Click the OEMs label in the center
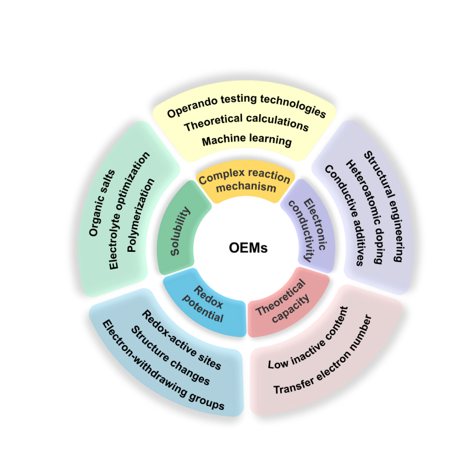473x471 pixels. pos(248,248)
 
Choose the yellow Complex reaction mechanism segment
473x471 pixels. pos(245,181)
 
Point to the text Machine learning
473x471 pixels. pos(247,140)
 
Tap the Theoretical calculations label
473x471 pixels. pos(246,122)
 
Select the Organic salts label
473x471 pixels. pos(102,203)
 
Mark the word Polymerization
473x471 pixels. pos(141,215)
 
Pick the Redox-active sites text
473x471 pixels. pos(182,340)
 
